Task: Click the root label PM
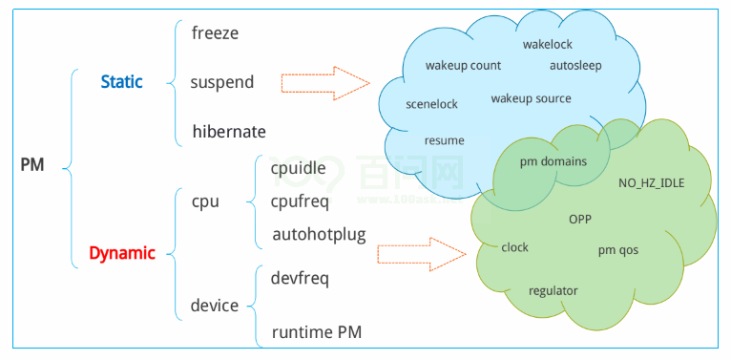click(32, 165)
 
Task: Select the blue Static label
click(121, 82)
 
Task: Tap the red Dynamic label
click(121, 253)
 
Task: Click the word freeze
click(215, 32)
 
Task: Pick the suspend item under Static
click(221, 82)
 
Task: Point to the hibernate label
click(228, 131)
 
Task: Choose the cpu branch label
click(205, 201)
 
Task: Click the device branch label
click(214, 306)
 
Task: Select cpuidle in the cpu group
click(298, 168)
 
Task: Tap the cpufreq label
click(303, 201)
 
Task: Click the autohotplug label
click(319, 234)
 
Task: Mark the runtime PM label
click(316, 332)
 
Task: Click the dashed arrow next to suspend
click(324, 83)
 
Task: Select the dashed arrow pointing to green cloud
click(421, 254)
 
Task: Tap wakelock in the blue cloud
click(547, 44)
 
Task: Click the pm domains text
click(553, 161)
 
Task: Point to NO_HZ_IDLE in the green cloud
click(651, 182)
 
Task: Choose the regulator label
click(553, 290)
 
